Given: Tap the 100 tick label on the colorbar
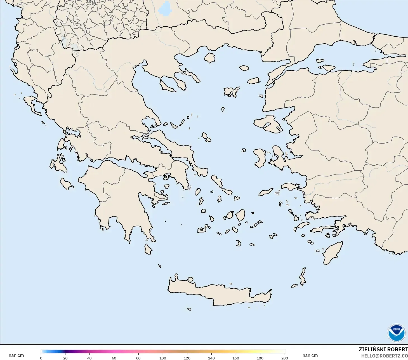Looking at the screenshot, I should click(x=163, y=358).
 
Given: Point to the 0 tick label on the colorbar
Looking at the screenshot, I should click(x=41, y=358).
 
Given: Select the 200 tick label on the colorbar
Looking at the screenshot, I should click(x=284, y=358).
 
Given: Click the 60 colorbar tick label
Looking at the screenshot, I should click(x=114, y=358).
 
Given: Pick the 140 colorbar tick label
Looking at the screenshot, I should click(x=211, y=358).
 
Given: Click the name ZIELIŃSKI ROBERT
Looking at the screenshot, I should click(x=383, y=349).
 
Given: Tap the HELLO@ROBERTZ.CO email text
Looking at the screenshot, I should click(x=384, y=356).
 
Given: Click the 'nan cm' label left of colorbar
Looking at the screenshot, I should click(x=16, y=356).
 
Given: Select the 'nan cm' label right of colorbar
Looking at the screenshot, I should click(x=310, y=356).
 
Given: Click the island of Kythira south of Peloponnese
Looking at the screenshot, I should click(x=148, y=249).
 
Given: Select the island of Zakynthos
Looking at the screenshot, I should click(x=67, y=184).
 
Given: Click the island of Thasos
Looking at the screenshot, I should click(x=209, y=58).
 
